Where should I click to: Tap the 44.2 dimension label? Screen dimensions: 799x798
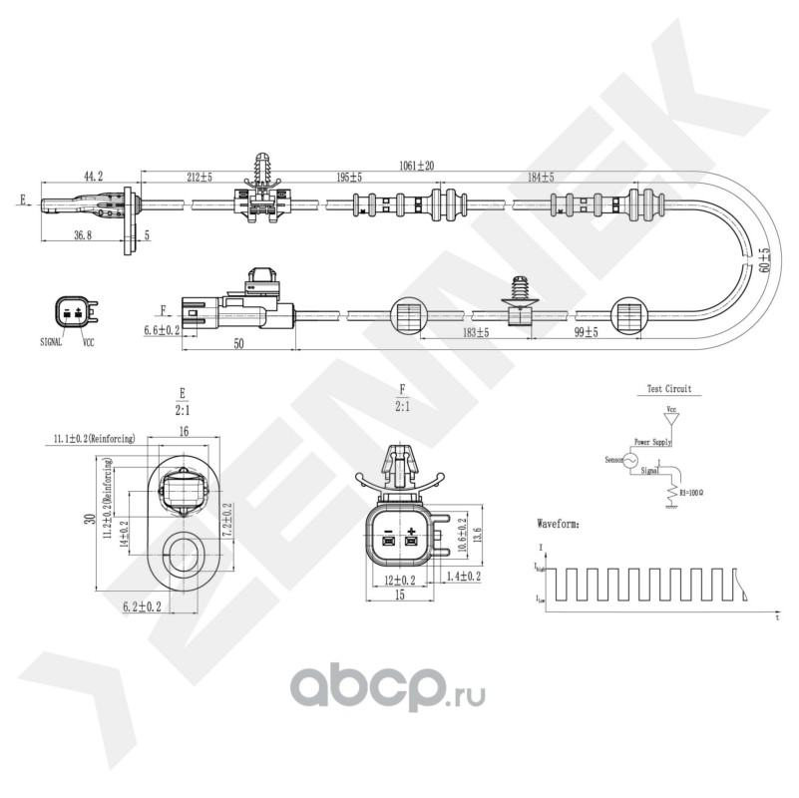[92, 176]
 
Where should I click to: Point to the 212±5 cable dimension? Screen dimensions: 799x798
[200, 178]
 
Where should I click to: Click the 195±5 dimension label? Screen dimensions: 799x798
[348, 178]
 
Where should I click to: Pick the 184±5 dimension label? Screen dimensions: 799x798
[540, 178]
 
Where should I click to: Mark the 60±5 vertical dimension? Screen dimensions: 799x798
[764, 260]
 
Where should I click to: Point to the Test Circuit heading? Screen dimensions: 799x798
[668, 389]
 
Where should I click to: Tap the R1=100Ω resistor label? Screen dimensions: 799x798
[691, 492]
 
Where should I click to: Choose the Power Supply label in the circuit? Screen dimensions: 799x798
[654, 441]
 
